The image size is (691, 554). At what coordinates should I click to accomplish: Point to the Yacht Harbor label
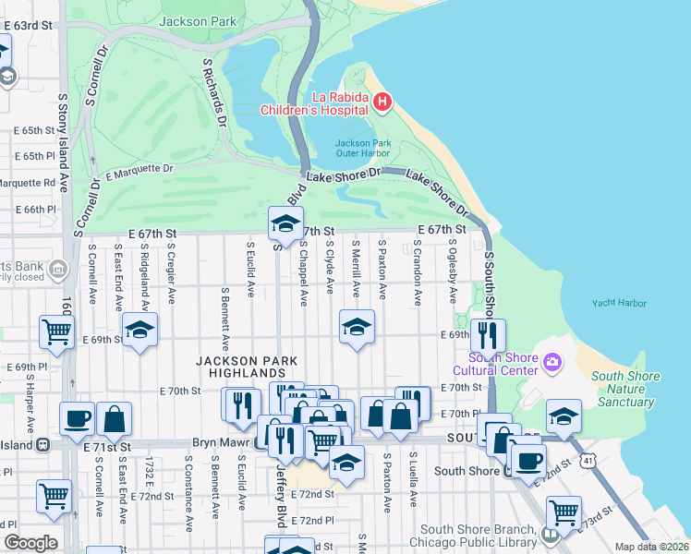pyautogui.click(x=618, y=302)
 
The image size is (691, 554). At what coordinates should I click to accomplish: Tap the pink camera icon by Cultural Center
pyautogui.click(x=552, y=360)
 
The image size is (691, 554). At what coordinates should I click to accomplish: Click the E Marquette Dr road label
pyautogui.click(x=139, y=171)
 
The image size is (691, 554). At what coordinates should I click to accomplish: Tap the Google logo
pyautogui.click(x=30, y=543)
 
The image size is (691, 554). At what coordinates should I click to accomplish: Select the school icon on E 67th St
pyautogui.click(x=285, y=223)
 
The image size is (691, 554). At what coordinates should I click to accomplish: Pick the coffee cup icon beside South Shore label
pyautogui.click(x=527, y=460)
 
